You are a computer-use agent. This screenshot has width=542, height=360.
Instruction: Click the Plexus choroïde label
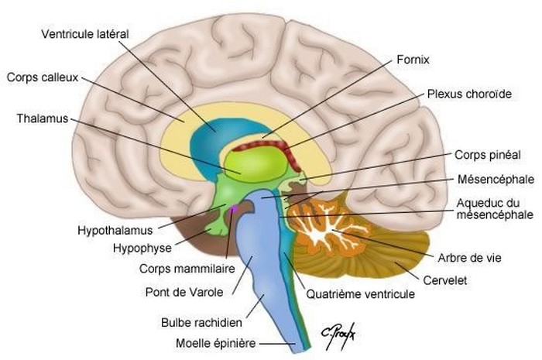(469, 94)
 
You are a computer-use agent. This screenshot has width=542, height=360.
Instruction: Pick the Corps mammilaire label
(177, 268)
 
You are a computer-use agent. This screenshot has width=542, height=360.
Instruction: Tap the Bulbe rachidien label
(201, 321)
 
